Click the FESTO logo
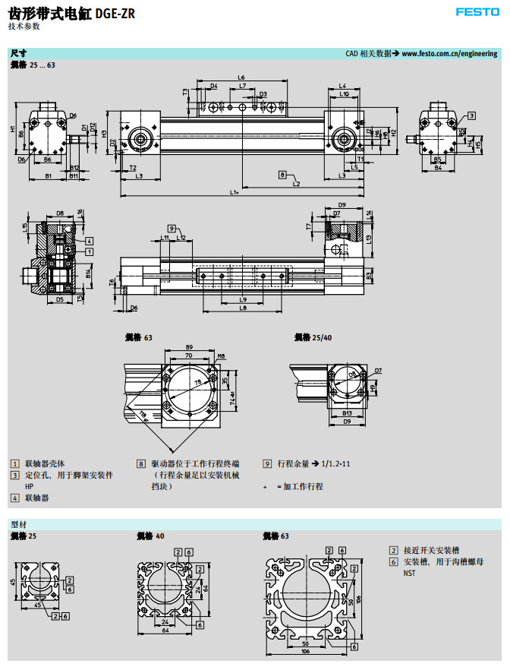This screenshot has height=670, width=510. (477, 12)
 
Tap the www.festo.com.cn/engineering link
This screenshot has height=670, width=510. (449, 54)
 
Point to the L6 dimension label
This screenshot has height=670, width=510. (241, 77)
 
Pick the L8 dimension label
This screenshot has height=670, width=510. (243, 308)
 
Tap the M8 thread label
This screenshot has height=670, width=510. (221, 356)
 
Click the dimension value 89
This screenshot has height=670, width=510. (189, 347)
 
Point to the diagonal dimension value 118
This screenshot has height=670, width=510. (142, 413)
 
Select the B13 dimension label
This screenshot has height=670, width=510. (346, 413)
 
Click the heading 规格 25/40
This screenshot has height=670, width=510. (313, 337)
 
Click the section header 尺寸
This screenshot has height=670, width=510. (18, 54)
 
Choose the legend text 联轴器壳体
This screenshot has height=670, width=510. (46, 463)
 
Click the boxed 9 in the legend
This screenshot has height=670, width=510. (267, 463)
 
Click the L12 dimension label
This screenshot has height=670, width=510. (181, 238)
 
